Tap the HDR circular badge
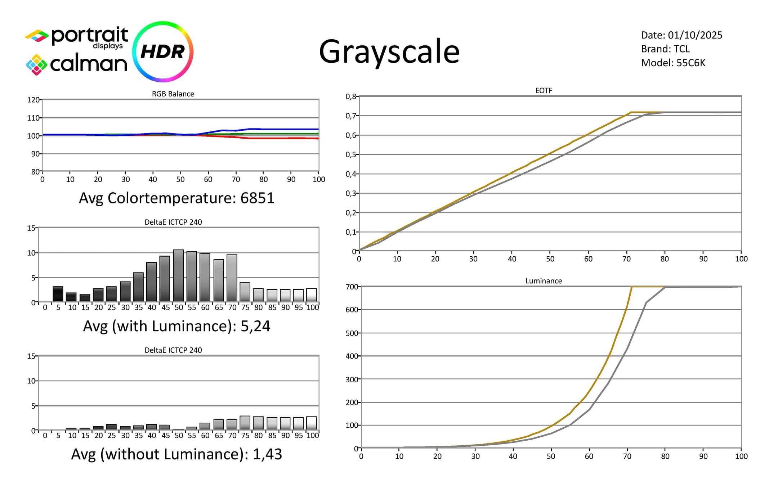(163, 51)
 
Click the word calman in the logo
(89, 64)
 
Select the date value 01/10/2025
(695, 35)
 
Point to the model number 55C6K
(691, 63)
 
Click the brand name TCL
(681, 49)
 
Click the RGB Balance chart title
(173, 94)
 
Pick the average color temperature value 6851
(257, 198)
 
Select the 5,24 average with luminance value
(255, 326)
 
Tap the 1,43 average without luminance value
(267, 454)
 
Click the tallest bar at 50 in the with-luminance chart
(179, 276)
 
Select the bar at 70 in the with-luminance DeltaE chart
(232, 278)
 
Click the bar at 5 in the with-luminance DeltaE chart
(58, 294)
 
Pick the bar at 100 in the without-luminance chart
(312, 423)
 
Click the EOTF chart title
(544, 91)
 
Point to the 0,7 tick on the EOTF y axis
(350, 116)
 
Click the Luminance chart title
(544, 281)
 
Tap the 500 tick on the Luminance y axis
(352, 333)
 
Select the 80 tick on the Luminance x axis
(665, 456)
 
